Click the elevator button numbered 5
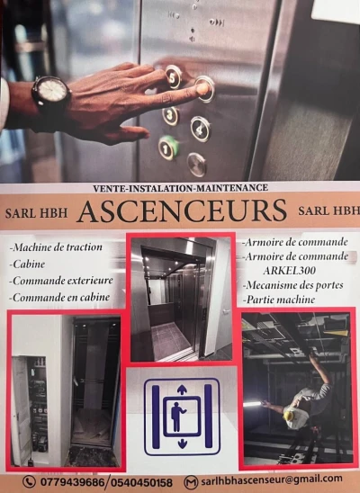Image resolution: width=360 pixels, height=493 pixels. point(173,76)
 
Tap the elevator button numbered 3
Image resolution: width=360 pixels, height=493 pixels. point(170,115)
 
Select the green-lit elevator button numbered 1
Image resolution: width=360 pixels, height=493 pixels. point(167,148)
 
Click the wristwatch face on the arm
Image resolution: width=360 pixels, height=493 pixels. point(52,90)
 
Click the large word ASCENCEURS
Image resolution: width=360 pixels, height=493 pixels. point(182,211)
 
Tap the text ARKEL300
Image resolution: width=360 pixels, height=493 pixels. point(289,271)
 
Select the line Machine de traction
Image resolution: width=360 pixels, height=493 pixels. point(56,247)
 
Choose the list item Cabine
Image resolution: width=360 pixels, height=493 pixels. point(27,264)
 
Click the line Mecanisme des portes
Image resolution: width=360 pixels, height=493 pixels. point(293,285)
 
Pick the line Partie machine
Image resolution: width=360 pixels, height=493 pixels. point(279,300)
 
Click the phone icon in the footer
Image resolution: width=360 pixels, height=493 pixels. point(29,481)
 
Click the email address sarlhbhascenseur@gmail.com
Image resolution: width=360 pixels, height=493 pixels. point(271,480)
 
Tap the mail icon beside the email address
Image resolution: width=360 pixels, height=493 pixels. point(191,482)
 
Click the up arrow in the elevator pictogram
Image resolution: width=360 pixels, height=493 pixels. point(182,390)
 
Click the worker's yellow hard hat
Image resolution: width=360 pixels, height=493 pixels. point(288,416)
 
